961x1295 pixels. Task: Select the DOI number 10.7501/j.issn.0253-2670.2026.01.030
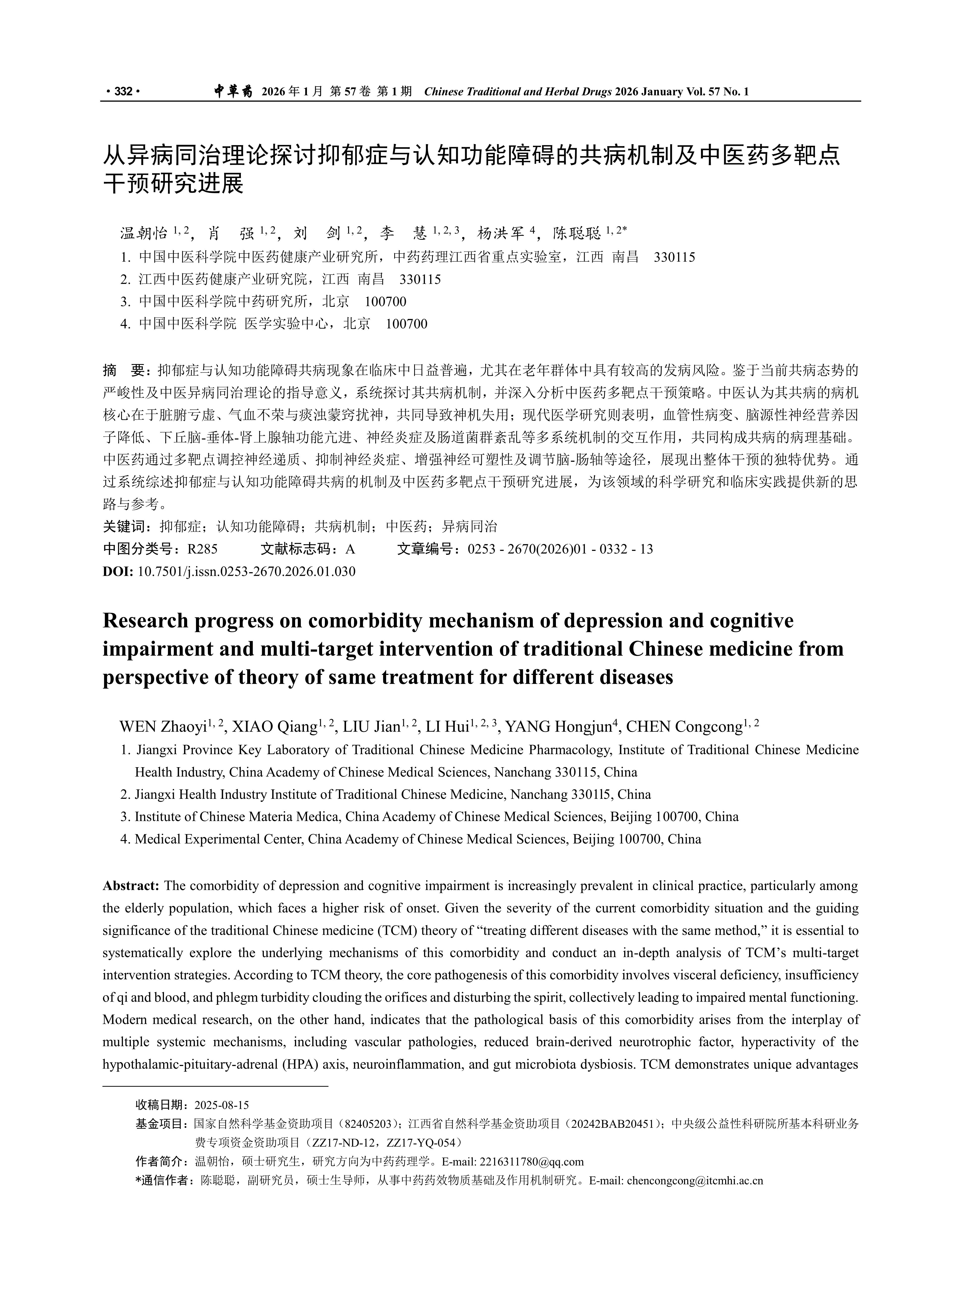tap(246, 571)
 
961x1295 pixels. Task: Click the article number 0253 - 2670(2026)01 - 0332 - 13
tap(560, 549)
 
